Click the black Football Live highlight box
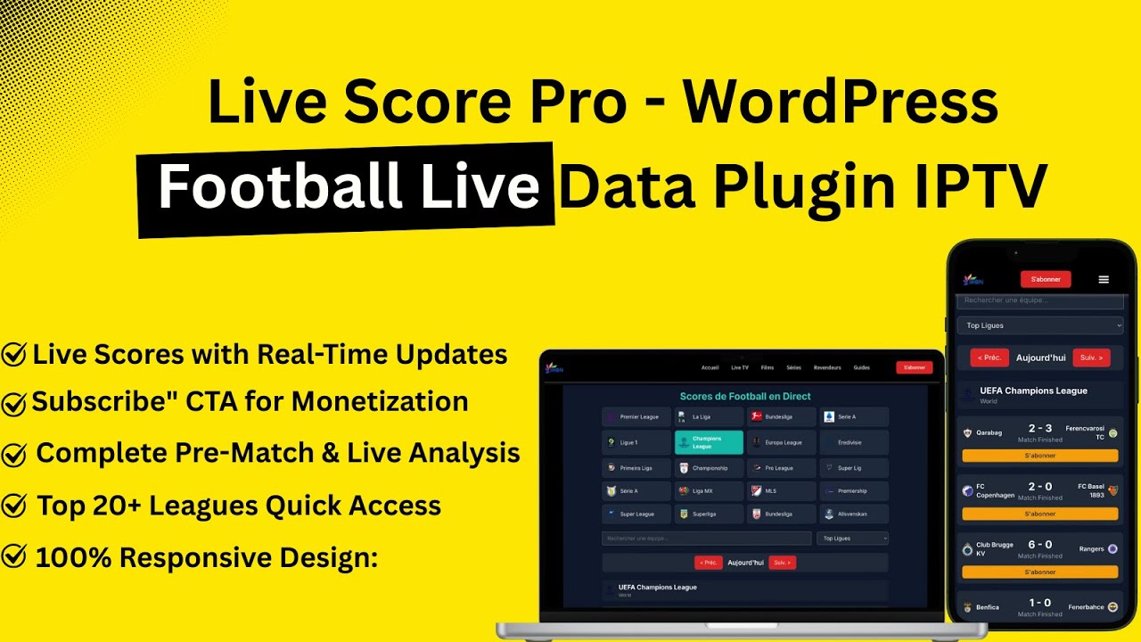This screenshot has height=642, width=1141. pos(348,189)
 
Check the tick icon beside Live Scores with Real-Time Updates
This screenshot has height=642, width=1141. pos(14,355)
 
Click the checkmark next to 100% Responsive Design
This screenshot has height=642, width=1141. pos(14,558)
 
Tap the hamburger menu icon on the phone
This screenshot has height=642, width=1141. pos(1104,279)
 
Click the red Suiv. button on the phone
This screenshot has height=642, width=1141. pos(1091,358)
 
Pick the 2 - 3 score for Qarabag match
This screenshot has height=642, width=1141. pos(1039,429)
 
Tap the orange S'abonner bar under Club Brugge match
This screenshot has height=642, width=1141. pos(1039,572)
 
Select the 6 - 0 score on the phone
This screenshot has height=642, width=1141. pos(1039,545)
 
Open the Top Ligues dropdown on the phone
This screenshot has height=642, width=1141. pos(1039,325)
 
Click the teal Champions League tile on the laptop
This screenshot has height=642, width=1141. pos(709,442)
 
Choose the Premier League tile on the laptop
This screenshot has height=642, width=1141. pos(636,416)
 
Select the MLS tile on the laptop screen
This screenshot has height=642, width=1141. pos(781,490)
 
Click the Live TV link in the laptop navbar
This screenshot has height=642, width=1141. pos(740,367)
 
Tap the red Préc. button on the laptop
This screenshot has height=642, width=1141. pos(708,563)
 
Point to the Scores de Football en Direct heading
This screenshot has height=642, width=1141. pos(745,396)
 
